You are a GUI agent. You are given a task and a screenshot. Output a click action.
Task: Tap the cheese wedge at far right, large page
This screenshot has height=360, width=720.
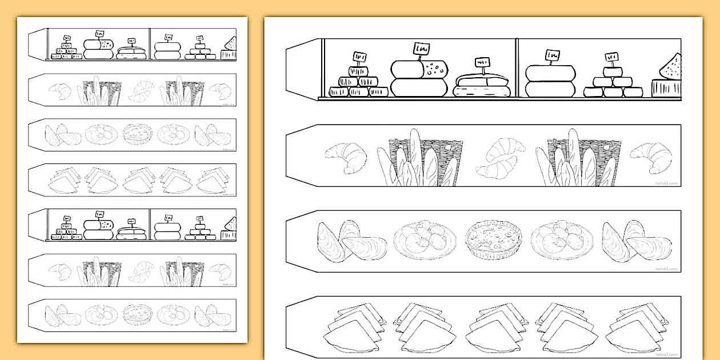(x=671, y=67)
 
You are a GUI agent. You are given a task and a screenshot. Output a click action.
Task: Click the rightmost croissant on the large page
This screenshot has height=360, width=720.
(x=651, y=157)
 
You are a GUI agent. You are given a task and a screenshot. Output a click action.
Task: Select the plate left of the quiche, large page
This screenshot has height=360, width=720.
(x=425, y=240)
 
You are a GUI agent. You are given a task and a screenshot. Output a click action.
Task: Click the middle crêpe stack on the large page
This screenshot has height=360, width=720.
(x=493, y=327)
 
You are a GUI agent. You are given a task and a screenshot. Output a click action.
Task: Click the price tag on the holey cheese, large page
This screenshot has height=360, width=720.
(x=422, y=49)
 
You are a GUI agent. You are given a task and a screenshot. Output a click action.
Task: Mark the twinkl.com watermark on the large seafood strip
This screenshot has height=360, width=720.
(x=666, y=268)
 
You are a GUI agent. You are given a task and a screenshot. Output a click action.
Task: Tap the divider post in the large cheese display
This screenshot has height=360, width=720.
(x=517, y=67)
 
